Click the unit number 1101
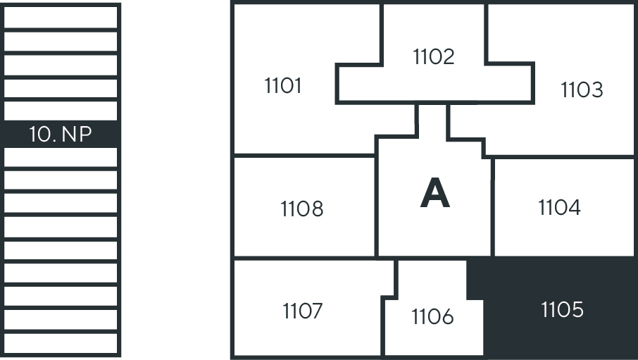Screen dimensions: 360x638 pos(283,86)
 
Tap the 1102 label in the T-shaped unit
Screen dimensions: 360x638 pos(434,56)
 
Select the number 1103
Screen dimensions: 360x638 pos(582,90)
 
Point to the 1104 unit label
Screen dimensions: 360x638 pos(559,207)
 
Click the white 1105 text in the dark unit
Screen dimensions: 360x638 pos(563,309)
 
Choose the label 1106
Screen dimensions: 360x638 pos(432,317)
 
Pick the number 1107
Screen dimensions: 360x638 pos(303,311)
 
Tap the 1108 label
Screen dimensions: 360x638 pos(301,209)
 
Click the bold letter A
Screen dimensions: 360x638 pos(434,194)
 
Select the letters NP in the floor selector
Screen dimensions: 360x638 pos(77,134)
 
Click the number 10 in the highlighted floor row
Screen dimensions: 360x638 pos(42,134)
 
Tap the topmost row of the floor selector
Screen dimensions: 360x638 pos(61,16)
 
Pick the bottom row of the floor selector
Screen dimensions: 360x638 pos(61,343)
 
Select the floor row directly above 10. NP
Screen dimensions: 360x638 pos(61,111)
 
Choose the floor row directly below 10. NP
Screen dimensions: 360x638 pos(61,157)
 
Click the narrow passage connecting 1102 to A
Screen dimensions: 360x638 pos(432,120)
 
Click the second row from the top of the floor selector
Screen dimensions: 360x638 pos(61,41)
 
